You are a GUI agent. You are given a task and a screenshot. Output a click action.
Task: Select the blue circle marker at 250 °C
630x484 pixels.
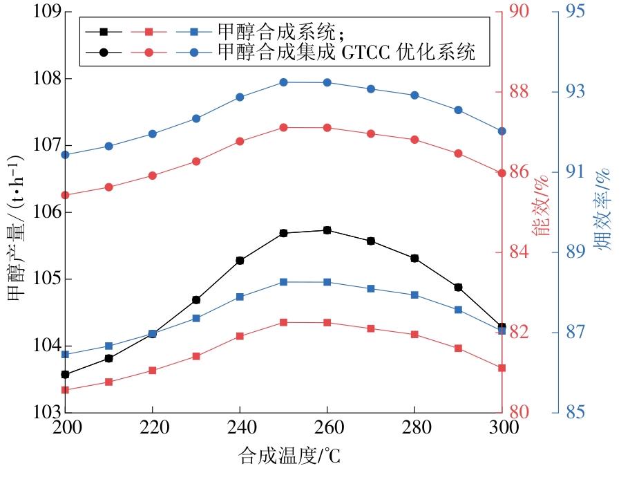click(x=283, y=82)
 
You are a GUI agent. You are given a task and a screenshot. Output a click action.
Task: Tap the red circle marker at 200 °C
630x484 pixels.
click(x=65, y=195)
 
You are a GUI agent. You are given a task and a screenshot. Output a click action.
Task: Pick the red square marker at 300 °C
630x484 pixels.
click(x=502, y=368)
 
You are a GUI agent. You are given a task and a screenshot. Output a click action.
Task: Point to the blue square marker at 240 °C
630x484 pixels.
click(x=240, y=297)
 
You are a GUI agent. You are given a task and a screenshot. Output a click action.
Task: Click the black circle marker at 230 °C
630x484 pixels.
click(x=196, y=299)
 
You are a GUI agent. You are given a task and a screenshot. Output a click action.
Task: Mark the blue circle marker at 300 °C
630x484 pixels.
click(x=502, y=131)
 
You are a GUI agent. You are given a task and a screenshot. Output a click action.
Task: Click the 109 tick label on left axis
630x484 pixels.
click(x=46, y=12)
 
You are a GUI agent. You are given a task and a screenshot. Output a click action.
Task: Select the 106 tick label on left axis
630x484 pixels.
click(x=46, y=212)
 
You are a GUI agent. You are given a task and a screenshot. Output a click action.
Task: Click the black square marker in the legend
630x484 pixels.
click(x=104, y=31)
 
